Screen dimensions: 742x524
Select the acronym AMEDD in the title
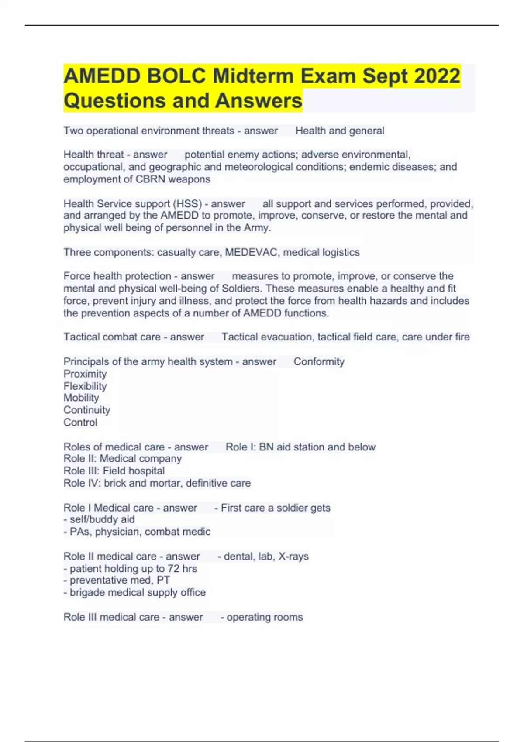(x=102, y=76)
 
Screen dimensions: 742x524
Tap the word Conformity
(x=319, y=361)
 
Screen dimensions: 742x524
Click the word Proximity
(x=85, y=374)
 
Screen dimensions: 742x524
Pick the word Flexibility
(x=85, y=386)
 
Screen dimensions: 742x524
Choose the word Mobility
(x=81, y=398)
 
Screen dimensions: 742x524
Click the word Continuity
(x=87, y=410)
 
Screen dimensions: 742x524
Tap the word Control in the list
(x=80, y=422)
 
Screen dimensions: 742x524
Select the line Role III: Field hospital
(x=114, y=471)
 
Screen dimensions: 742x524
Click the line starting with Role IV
(x=157, y=483)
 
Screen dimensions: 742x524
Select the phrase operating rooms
(x=265, y=617)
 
